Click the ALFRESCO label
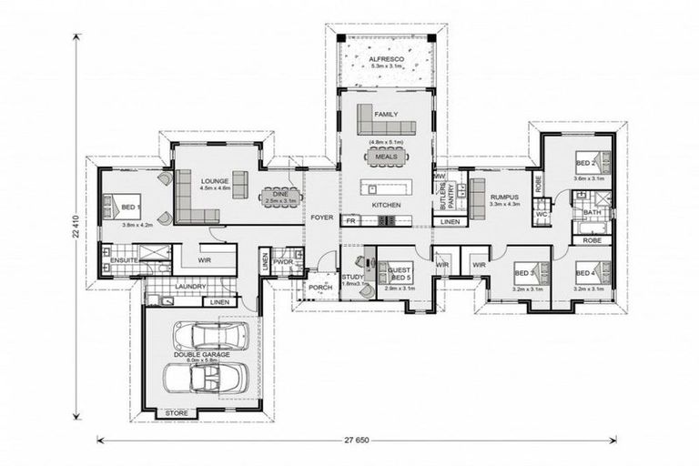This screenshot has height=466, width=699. tap(385, 58)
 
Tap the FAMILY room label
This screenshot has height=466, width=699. tap(386, 115)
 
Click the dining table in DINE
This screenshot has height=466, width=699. tap(278, 194)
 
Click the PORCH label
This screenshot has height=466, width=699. tap(319, 288)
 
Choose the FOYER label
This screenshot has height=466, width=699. tap(321, 218)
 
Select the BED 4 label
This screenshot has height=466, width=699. tap(586, 272)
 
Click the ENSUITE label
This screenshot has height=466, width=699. tap(124, 260)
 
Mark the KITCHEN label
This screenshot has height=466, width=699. tap(386, 206)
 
